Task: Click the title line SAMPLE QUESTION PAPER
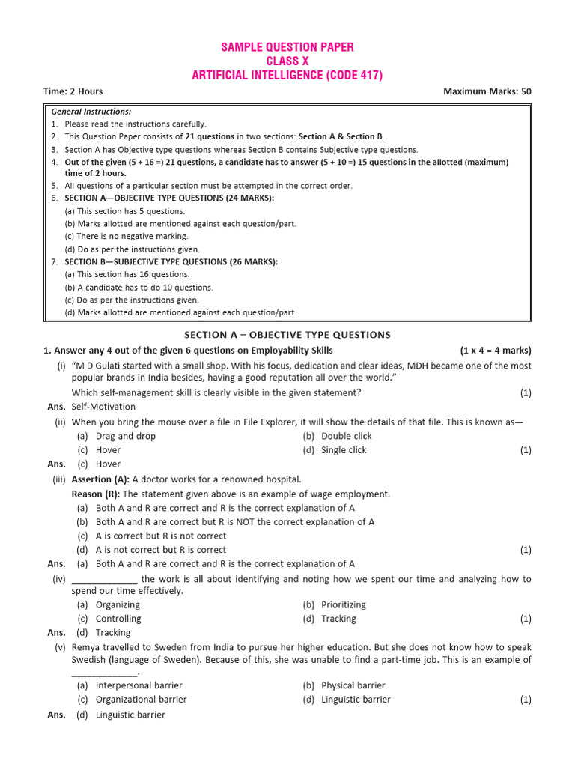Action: click(287, 47)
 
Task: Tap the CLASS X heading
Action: click(287, 61)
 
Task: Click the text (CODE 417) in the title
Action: click(351, 75)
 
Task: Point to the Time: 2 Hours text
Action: click(73, 91)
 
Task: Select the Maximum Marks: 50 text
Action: click(487, 91)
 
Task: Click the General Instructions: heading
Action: click(91, 112)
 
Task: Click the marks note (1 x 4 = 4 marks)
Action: click(496, 351)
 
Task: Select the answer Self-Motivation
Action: click(103, 407)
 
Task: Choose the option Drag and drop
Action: click(126, 436)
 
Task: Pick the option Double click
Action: click(346, 436)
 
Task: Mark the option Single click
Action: click(344, 450)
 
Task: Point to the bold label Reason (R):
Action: click(96, 494)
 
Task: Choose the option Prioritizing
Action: click(344, 604)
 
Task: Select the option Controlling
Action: click(118, 619)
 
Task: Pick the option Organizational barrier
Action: click(142, 700)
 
